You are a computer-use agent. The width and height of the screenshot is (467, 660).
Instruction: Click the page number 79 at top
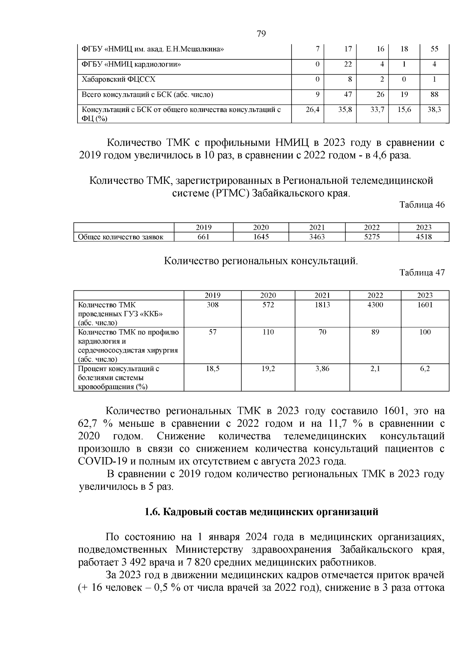coord(261,34)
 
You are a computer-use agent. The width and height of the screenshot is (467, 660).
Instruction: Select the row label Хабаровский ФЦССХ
coord(118,79)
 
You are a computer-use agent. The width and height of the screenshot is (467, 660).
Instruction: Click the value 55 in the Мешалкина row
coord(434,49)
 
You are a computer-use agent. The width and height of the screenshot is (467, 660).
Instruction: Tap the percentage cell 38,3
coord(434,110)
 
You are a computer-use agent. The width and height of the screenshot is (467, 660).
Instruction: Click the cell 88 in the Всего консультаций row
coord(434,94)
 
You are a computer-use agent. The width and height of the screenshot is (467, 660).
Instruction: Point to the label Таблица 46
coord(422,205)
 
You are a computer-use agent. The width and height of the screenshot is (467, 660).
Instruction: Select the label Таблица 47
coord(422,272)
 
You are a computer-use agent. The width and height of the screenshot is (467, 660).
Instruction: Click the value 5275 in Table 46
coord(372,237)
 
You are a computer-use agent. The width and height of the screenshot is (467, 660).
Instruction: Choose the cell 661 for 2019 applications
coord(203,237)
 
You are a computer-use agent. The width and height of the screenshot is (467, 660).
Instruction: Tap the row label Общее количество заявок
coord(121,237)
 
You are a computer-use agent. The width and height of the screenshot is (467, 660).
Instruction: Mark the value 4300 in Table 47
coord(375,305)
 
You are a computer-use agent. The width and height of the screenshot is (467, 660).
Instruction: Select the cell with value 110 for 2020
coord(268,332)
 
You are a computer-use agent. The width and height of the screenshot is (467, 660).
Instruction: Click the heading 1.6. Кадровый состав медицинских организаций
coord(261,512)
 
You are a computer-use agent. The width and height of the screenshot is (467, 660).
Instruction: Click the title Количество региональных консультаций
coord(260,261)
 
